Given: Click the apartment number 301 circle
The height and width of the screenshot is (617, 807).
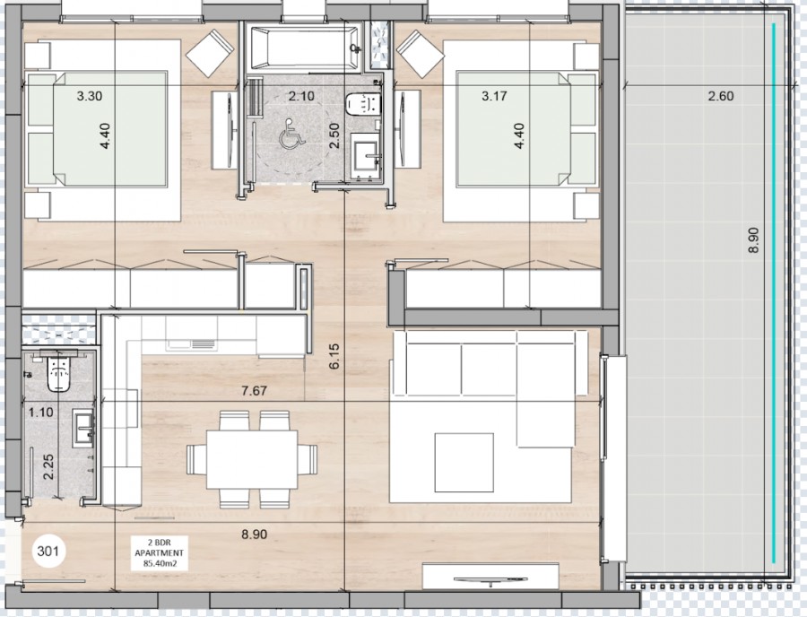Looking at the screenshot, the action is tap(48, 552).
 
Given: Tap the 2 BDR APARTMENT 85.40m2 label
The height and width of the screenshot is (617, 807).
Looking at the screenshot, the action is tap(159, 552).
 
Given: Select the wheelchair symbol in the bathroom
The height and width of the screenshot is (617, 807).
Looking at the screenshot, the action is tap(291, 134).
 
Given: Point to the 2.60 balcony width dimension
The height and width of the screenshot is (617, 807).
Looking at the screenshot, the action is tap(721, 96).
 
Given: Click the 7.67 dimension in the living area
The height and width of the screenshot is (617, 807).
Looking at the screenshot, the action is tap(255, 391).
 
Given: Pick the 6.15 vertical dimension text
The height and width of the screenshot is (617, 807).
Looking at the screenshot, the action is tap(334, 356).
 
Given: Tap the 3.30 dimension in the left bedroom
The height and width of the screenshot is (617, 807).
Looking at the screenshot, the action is tap(90, 95).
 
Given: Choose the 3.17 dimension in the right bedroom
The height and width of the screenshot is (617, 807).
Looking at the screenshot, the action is tap(494, 95).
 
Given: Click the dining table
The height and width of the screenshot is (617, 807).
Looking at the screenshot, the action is tap(252, 459).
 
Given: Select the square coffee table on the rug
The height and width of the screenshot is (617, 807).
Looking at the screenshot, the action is tap(464, 462).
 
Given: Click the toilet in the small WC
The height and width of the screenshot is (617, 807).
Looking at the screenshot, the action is tap(58, 371).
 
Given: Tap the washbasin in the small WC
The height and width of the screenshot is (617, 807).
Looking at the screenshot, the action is tap(83, 427).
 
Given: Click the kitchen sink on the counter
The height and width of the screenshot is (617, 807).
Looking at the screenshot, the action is tap(190, 343).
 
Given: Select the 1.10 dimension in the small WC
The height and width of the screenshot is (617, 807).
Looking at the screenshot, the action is tap(41, 413).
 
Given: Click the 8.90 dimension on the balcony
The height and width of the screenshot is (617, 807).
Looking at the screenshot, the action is tap(753, 239).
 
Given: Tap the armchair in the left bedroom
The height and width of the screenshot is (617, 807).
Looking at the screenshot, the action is tap(210, 53).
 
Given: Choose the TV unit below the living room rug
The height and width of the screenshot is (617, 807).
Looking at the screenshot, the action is tap(490, 577).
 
